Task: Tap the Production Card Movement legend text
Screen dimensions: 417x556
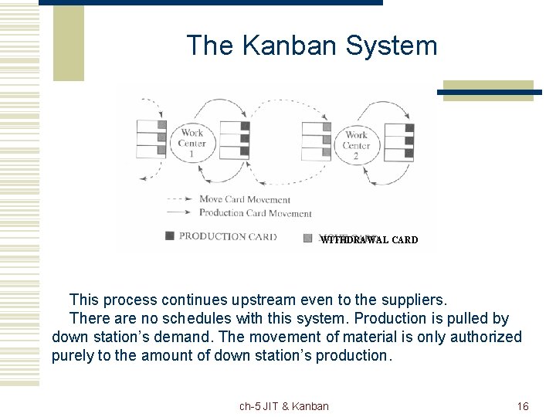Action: click(256, 213)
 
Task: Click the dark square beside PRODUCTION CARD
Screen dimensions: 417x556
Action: click(170, 236)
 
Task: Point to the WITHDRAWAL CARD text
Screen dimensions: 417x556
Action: click(369, 240)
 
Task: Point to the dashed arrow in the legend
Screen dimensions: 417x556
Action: click(180, 199)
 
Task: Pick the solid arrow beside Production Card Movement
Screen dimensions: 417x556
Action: click(180, 213)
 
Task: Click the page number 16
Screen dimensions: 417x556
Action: click(523, 406)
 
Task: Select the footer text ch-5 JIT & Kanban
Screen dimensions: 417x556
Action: click(283, 406)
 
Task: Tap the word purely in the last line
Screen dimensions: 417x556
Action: click(71, 355)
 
